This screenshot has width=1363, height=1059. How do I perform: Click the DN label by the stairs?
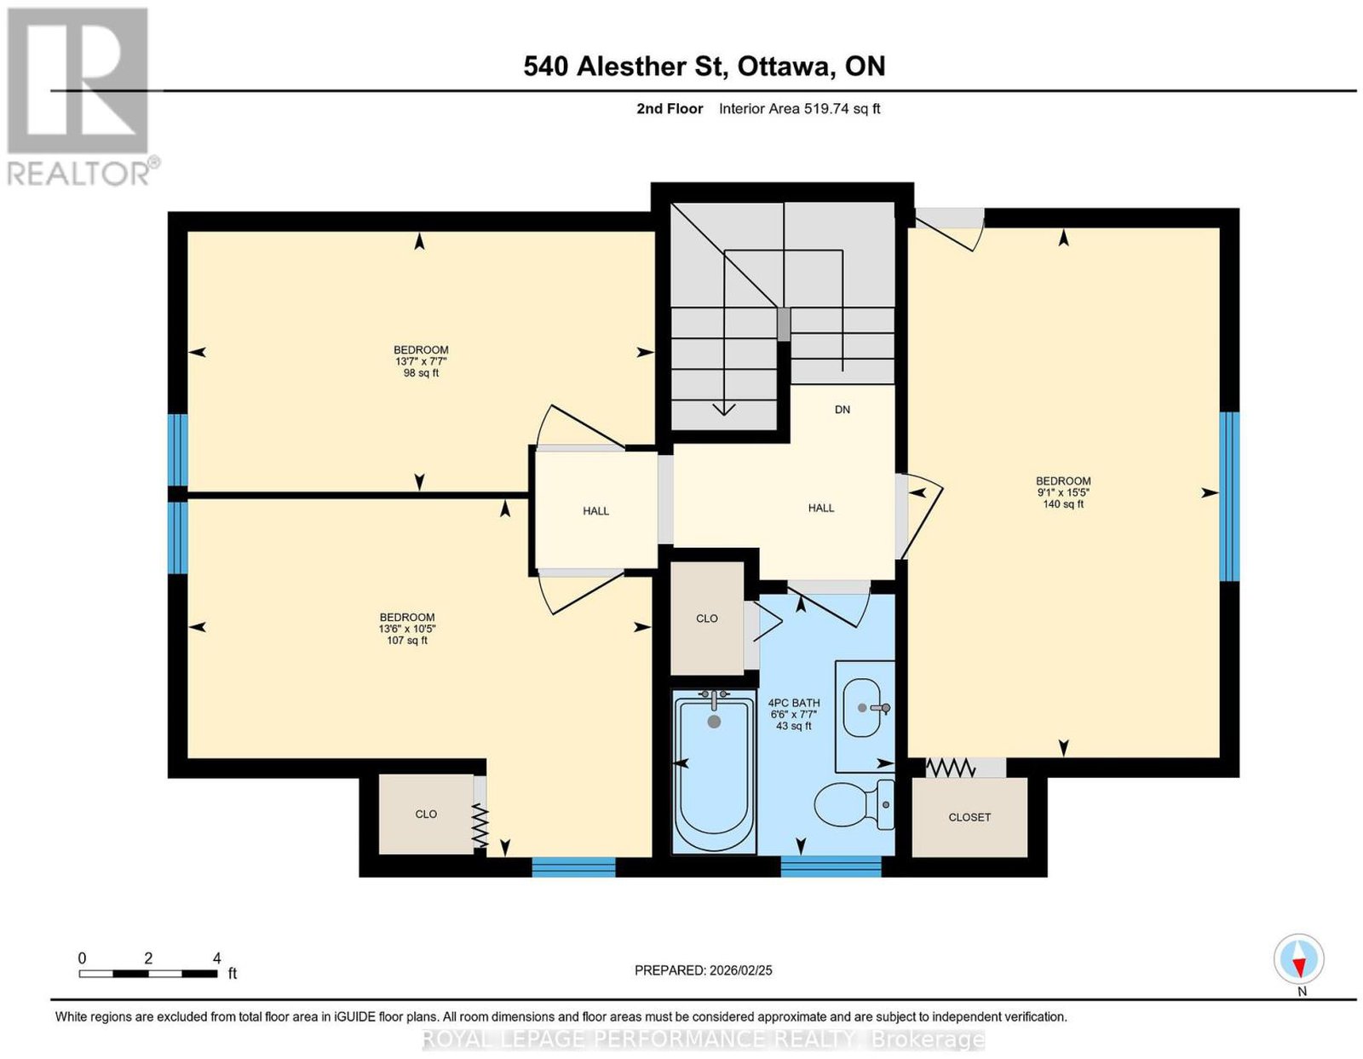pos(843,410)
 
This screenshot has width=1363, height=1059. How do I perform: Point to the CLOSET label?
pos(969,817)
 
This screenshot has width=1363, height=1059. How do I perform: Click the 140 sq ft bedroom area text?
pos(1063,504)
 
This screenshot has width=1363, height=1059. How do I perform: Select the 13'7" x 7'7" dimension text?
pos(421,361)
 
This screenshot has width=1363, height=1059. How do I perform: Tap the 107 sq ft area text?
pos(407,640)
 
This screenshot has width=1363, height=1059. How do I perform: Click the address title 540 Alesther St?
pos(624,66)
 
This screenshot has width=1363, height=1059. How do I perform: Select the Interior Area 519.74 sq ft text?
pos(800,108)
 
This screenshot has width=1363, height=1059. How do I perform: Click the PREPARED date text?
pos(703,970)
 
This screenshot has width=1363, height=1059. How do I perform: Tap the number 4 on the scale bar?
pos(216,958)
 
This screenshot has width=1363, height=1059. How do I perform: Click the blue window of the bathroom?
pos(831,866)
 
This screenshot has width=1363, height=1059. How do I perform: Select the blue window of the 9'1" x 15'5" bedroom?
pos(1229,497)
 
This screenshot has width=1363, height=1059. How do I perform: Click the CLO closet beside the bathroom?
pos(707,619)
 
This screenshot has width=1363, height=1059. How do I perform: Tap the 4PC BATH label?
pos(793,703)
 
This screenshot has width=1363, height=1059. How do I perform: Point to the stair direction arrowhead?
pos(724,409)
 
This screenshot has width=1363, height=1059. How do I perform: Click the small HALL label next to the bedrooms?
pos(595,511)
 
